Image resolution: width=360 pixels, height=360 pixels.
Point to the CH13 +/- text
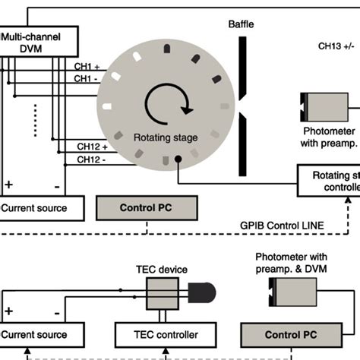tap(335, 46)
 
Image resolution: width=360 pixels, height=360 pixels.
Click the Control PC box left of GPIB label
tap(147, 207)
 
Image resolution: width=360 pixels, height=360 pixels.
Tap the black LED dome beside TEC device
tap(202, 292)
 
